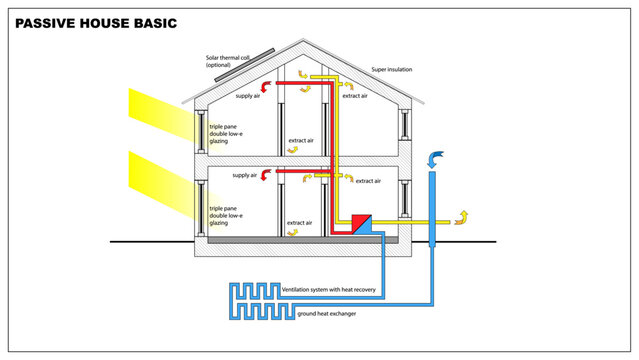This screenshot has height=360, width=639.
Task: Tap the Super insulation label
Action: [391, 70]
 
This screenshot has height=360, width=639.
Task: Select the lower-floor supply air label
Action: [247, 175]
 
